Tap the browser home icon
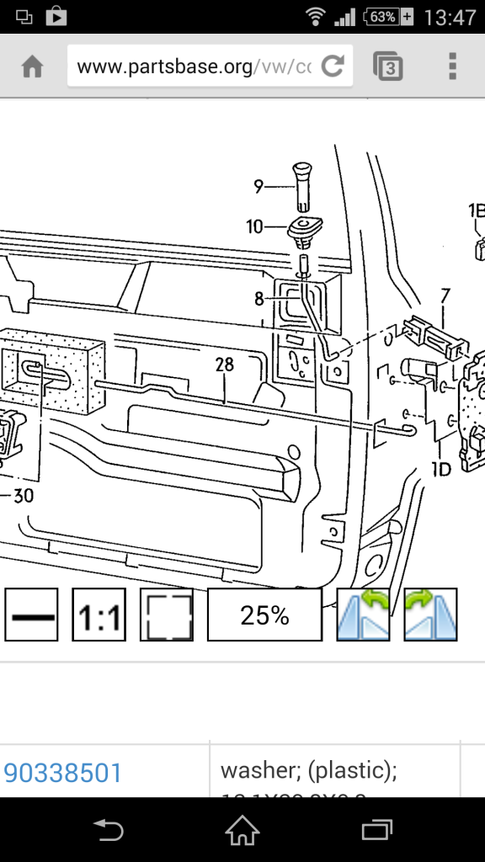click(32, 67)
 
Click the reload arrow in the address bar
click(333, 67)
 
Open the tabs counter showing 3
click(387, 67)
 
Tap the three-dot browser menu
click(452, 67)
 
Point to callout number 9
click(258, 184)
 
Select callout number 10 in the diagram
click(254, 226)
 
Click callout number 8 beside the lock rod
click(258, 297)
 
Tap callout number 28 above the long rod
click(224, 364)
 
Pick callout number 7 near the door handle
click(445, 295)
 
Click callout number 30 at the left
click(23, 496)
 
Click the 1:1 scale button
click(99, 615)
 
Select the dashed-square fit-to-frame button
click(166, 615)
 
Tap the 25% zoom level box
click(264, 615)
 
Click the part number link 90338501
click(63, 772)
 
